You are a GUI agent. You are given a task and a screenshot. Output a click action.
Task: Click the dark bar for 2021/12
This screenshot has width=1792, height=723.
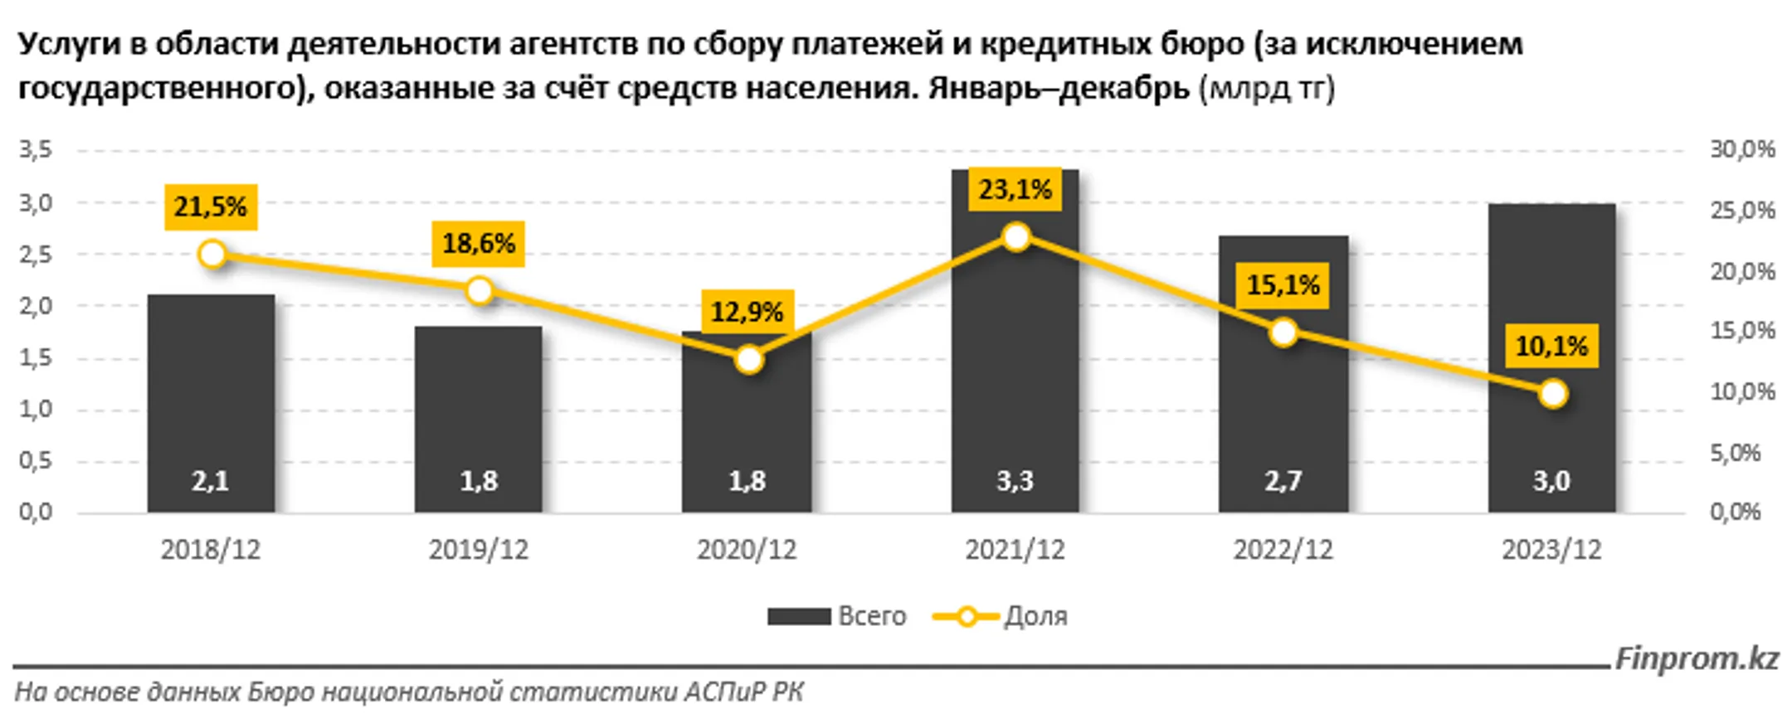[1015, 348]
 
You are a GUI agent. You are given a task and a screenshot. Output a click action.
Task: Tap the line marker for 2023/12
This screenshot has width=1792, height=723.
[1552, 394]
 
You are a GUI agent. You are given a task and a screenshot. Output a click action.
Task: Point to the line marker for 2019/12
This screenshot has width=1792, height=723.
[480, 291]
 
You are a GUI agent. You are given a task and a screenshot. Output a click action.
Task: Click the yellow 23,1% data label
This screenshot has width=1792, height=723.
[1015, 190]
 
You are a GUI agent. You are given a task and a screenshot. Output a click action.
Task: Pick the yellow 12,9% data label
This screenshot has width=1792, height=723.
[747, 313]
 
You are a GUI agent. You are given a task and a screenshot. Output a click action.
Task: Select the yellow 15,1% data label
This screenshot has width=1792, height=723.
[1283, 286]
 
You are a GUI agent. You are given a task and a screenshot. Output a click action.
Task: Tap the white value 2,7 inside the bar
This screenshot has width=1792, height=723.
[1283, 481]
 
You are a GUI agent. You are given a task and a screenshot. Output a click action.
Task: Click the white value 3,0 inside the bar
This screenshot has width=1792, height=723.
[1551, 481]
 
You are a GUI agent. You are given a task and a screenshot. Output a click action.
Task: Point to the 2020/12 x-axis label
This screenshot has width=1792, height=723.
[747, 550]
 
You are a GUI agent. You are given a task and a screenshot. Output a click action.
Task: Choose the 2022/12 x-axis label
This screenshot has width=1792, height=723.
[1283, 550]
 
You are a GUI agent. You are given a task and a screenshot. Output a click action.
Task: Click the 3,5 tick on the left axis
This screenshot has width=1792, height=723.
[36, 150]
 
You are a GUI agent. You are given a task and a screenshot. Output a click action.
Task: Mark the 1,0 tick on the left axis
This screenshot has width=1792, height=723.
[36, 409]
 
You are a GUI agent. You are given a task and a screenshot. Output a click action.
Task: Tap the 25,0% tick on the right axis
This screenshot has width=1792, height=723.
[1742, 211]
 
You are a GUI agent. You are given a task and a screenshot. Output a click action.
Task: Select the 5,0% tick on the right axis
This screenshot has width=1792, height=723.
[1735, 453]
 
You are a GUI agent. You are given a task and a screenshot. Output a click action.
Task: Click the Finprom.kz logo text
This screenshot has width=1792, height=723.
[1697, 659]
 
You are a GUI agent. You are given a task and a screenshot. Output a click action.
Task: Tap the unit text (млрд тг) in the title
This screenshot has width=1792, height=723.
[1267, 88]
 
